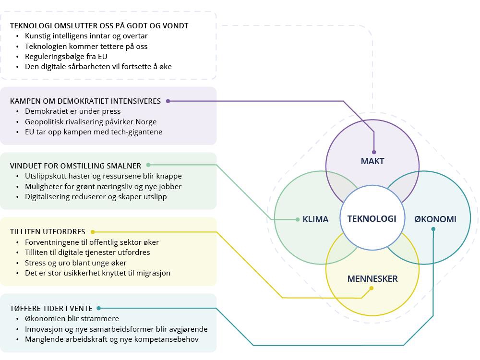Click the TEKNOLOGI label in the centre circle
click(372, 219)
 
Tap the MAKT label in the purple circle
click(372, 161)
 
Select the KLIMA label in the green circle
click(315, 219)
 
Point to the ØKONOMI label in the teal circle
click(435, 219)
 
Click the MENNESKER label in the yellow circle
click(372, 279)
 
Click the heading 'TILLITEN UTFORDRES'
click(48, 232)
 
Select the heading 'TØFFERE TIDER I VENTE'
click(51, 309)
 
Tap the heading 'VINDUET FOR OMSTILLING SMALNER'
click(75, 166)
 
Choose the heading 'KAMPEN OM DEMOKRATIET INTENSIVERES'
click(85, 101)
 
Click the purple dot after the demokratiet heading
click(168, 101)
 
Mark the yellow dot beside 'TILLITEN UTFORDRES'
click(93, 232)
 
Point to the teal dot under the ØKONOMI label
click(433, 229)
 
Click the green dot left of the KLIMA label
click(298, 219)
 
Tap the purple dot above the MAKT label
click(374, 152)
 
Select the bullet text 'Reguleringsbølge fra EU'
click(66, 57)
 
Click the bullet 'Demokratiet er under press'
click(72, 111)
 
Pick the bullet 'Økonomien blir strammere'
click(72, 319)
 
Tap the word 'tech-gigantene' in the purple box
click(139, 132)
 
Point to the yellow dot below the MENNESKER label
click(372, 288)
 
